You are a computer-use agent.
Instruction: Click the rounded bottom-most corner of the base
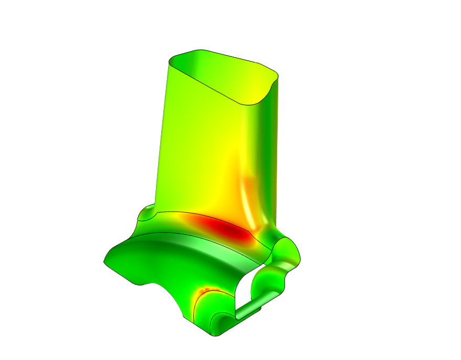click(216, 332)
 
